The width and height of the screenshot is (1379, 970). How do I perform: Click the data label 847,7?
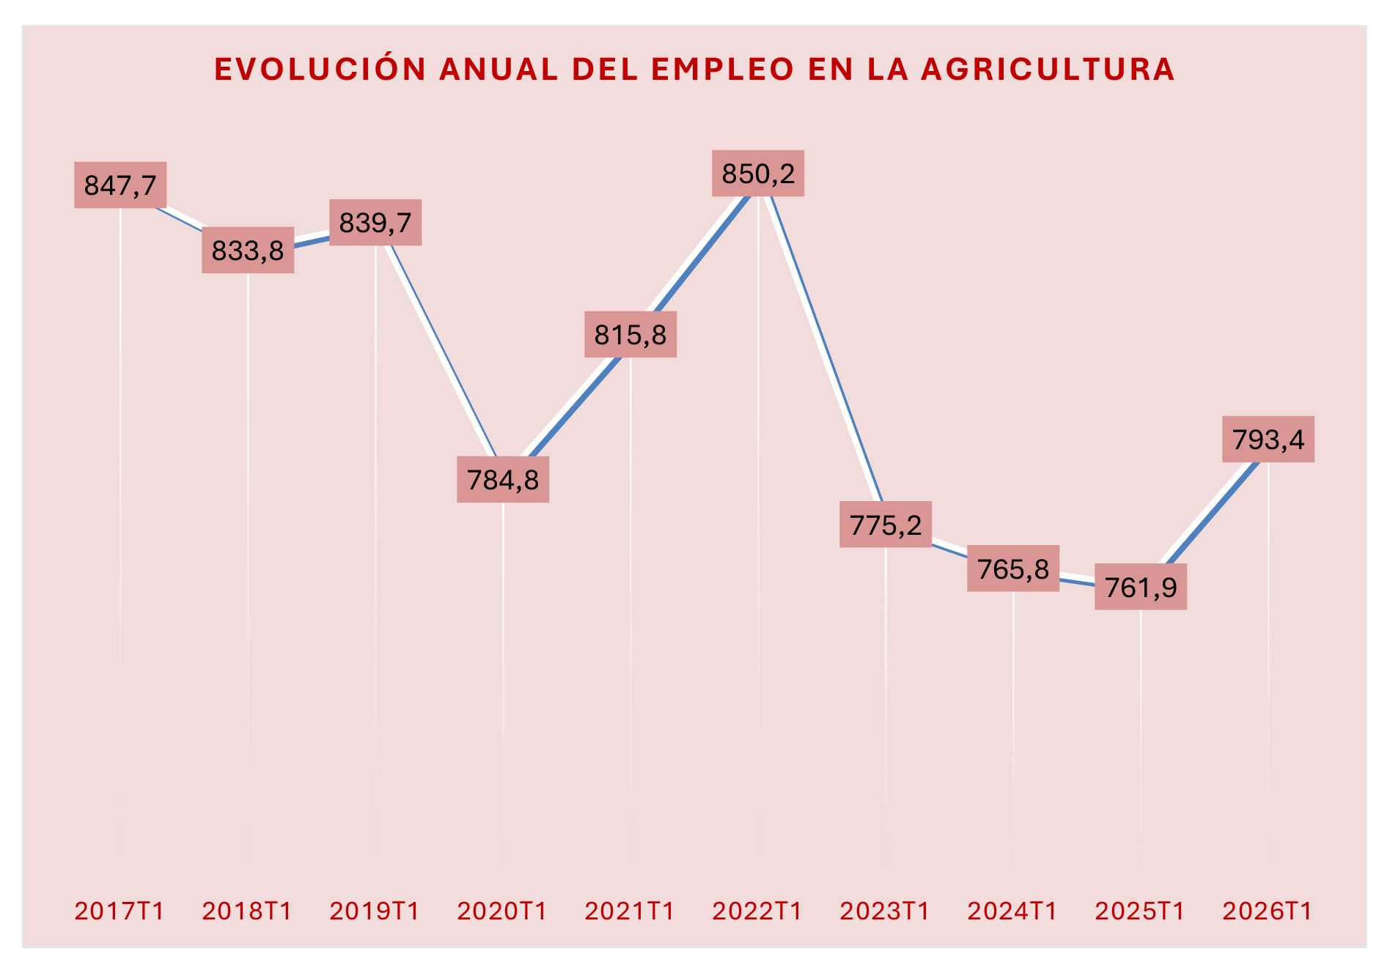120,185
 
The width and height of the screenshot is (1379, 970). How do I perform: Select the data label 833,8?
248,251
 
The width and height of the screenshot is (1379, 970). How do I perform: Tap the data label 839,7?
375,222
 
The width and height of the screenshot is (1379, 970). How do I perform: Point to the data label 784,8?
503,480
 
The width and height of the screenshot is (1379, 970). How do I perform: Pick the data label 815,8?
630,335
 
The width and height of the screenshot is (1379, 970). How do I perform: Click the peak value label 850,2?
758,174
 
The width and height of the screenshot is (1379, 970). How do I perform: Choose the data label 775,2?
886,525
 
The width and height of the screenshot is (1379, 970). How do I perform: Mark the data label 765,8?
1013,569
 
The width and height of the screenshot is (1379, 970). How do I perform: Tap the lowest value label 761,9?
1141,587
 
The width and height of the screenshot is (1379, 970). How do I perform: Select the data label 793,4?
1268,440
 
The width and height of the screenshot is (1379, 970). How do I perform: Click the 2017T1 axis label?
120,911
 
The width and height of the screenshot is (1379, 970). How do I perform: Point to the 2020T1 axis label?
503,911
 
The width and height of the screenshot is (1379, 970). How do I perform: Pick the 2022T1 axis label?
758,911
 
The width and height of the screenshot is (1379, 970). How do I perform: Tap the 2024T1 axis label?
1013,911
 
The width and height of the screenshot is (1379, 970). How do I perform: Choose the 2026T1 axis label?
1268,911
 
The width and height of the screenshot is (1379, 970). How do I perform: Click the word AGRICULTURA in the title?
1048,70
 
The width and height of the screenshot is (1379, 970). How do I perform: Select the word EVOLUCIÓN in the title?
320,70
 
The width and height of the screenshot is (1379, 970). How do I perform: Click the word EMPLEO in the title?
722,70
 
